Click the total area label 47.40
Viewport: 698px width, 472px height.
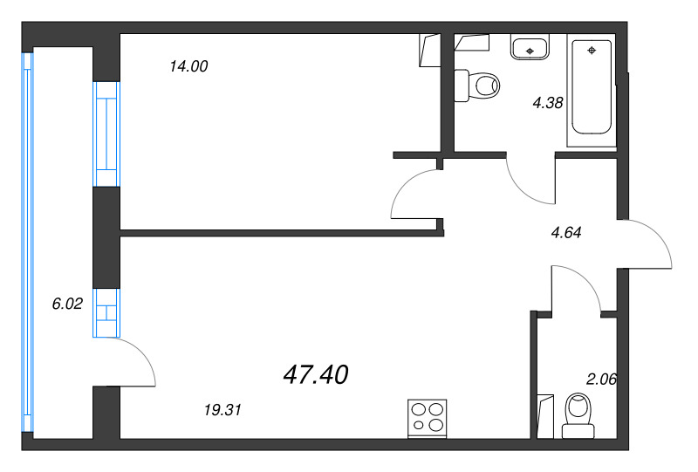click(316, 375)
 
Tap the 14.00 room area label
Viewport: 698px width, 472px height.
click(189, 66)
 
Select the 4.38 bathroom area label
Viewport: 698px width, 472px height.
click(548, 102)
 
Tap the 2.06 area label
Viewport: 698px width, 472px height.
click(601, 379)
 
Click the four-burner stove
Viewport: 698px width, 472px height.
click(428, 416)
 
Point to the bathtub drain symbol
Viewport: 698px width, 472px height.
click(592, 51)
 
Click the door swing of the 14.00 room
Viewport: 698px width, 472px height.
click(414, 194)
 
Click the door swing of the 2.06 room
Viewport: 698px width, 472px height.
click(576, 288)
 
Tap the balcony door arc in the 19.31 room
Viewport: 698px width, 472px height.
click(135, 360)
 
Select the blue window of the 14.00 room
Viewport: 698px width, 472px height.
click(106, 133)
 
